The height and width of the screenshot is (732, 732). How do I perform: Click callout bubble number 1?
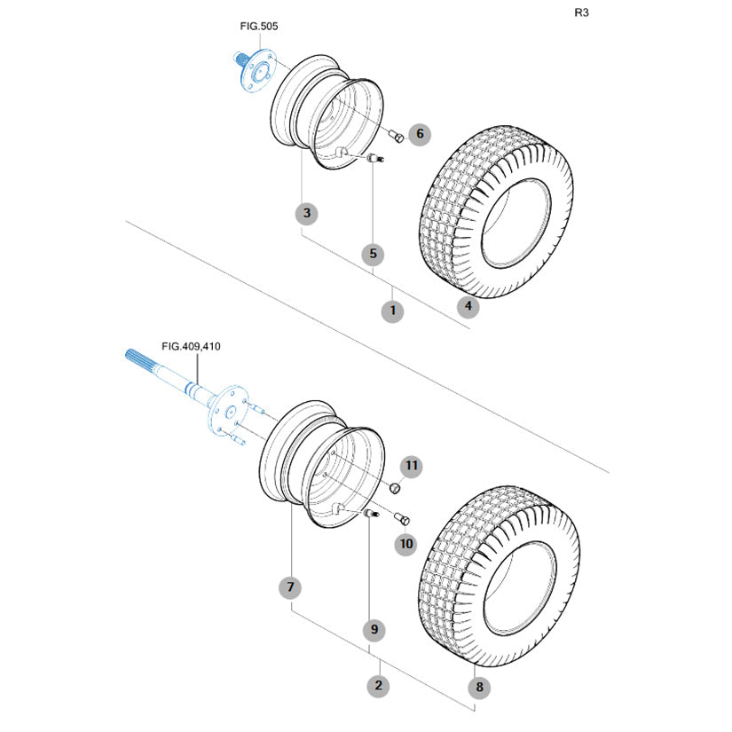391,311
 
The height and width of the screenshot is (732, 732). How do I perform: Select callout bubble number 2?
379,685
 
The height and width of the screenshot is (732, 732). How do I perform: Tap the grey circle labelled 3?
307,213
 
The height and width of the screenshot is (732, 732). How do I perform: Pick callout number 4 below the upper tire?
468,307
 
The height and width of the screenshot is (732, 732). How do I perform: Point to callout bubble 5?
373,254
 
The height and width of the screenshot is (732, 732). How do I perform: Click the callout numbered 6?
420,135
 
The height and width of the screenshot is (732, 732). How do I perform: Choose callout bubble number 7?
290,587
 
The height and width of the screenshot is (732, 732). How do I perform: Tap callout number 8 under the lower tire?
480,686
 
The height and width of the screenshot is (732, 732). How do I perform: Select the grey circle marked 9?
374,629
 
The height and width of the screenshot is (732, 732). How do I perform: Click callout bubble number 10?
406,543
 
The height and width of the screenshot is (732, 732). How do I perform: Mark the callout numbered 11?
412,466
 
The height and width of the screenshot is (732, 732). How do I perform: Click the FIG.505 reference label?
258,27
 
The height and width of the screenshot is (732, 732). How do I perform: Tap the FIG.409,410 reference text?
191,347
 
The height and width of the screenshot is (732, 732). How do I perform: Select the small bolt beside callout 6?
397,136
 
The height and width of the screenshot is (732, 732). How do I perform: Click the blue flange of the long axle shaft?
224,409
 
